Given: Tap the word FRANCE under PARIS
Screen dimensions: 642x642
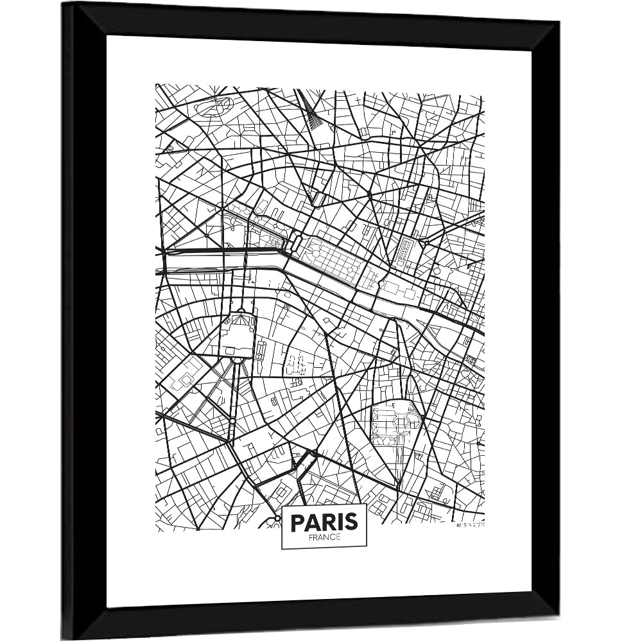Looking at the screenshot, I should [x=324, y=537].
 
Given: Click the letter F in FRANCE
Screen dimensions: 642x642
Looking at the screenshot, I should [x=311, y=537].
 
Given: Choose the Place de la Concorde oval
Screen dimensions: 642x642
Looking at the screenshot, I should [x=293, y=242].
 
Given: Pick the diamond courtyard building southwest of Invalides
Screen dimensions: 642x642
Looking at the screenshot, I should [x=186, y=379].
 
